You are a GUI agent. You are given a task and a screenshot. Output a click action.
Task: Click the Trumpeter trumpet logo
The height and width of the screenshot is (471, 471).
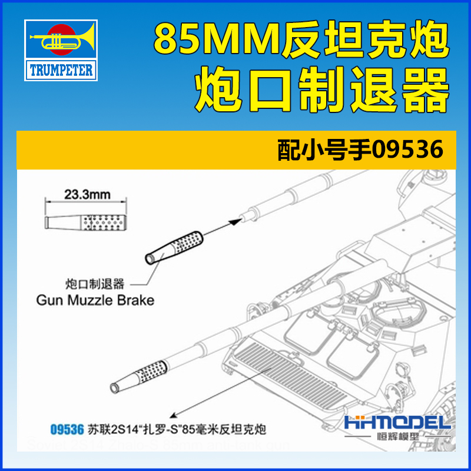(61, 41)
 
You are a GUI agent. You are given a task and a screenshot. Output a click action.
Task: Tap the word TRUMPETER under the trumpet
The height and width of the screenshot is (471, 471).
(61, 71)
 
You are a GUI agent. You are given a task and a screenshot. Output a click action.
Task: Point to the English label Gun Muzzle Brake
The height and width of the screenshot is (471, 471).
(95, 300)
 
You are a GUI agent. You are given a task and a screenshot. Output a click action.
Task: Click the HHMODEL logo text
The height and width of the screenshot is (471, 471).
(397, 423)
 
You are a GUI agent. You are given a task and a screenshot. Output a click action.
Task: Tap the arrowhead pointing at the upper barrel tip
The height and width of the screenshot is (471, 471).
(238, 219)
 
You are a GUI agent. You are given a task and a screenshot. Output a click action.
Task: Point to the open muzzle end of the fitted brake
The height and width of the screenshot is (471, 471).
(114, 386)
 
